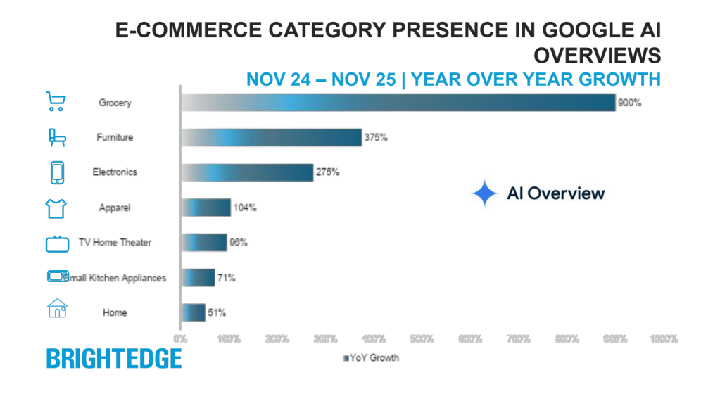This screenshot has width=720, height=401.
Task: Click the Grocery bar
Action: click(x=398, y=103)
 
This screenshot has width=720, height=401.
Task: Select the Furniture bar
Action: click(x=271, y=137)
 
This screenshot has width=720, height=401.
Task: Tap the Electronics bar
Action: click(x=247, y=172)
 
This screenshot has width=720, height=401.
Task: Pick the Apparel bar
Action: click(x=206, y=208)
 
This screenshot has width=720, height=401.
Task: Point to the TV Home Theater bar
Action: click(x=204, y=243)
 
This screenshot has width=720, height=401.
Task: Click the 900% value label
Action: click(x=629, y=103)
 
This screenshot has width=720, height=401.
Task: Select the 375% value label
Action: click(x=375, y=137)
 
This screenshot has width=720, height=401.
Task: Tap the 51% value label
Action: click(x=216, y=312)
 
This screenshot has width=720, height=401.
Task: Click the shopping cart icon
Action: click(x=56, y=102)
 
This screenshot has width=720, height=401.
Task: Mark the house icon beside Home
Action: click(x=57, y=309)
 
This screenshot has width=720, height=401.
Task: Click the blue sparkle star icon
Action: click(x=485, y=193)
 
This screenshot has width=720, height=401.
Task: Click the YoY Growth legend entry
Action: click(x=371, y=358)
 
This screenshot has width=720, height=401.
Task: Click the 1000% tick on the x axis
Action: click(x=663, y=339)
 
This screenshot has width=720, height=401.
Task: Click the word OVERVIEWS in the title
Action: click(x=598, y=55)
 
